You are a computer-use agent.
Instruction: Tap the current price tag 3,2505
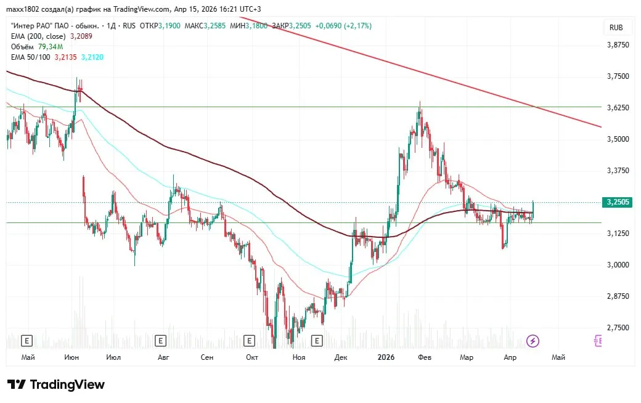coord(617,201)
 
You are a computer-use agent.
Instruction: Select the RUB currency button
coord(616,27)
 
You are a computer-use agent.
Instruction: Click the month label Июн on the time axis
coord(71,357)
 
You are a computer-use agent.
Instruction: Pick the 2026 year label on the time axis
coord(386,357)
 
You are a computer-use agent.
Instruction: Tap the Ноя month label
coord(299,357)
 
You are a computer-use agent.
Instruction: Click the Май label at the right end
coord(558,357)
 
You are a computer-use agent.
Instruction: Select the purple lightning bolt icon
coord(533,341)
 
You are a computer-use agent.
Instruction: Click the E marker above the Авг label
coord(161,340)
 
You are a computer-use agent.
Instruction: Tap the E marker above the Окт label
coord(250,340)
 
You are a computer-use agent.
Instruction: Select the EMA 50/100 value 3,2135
coord(66,57)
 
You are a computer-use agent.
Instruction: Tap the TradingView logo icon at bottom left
coord(17,385)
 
